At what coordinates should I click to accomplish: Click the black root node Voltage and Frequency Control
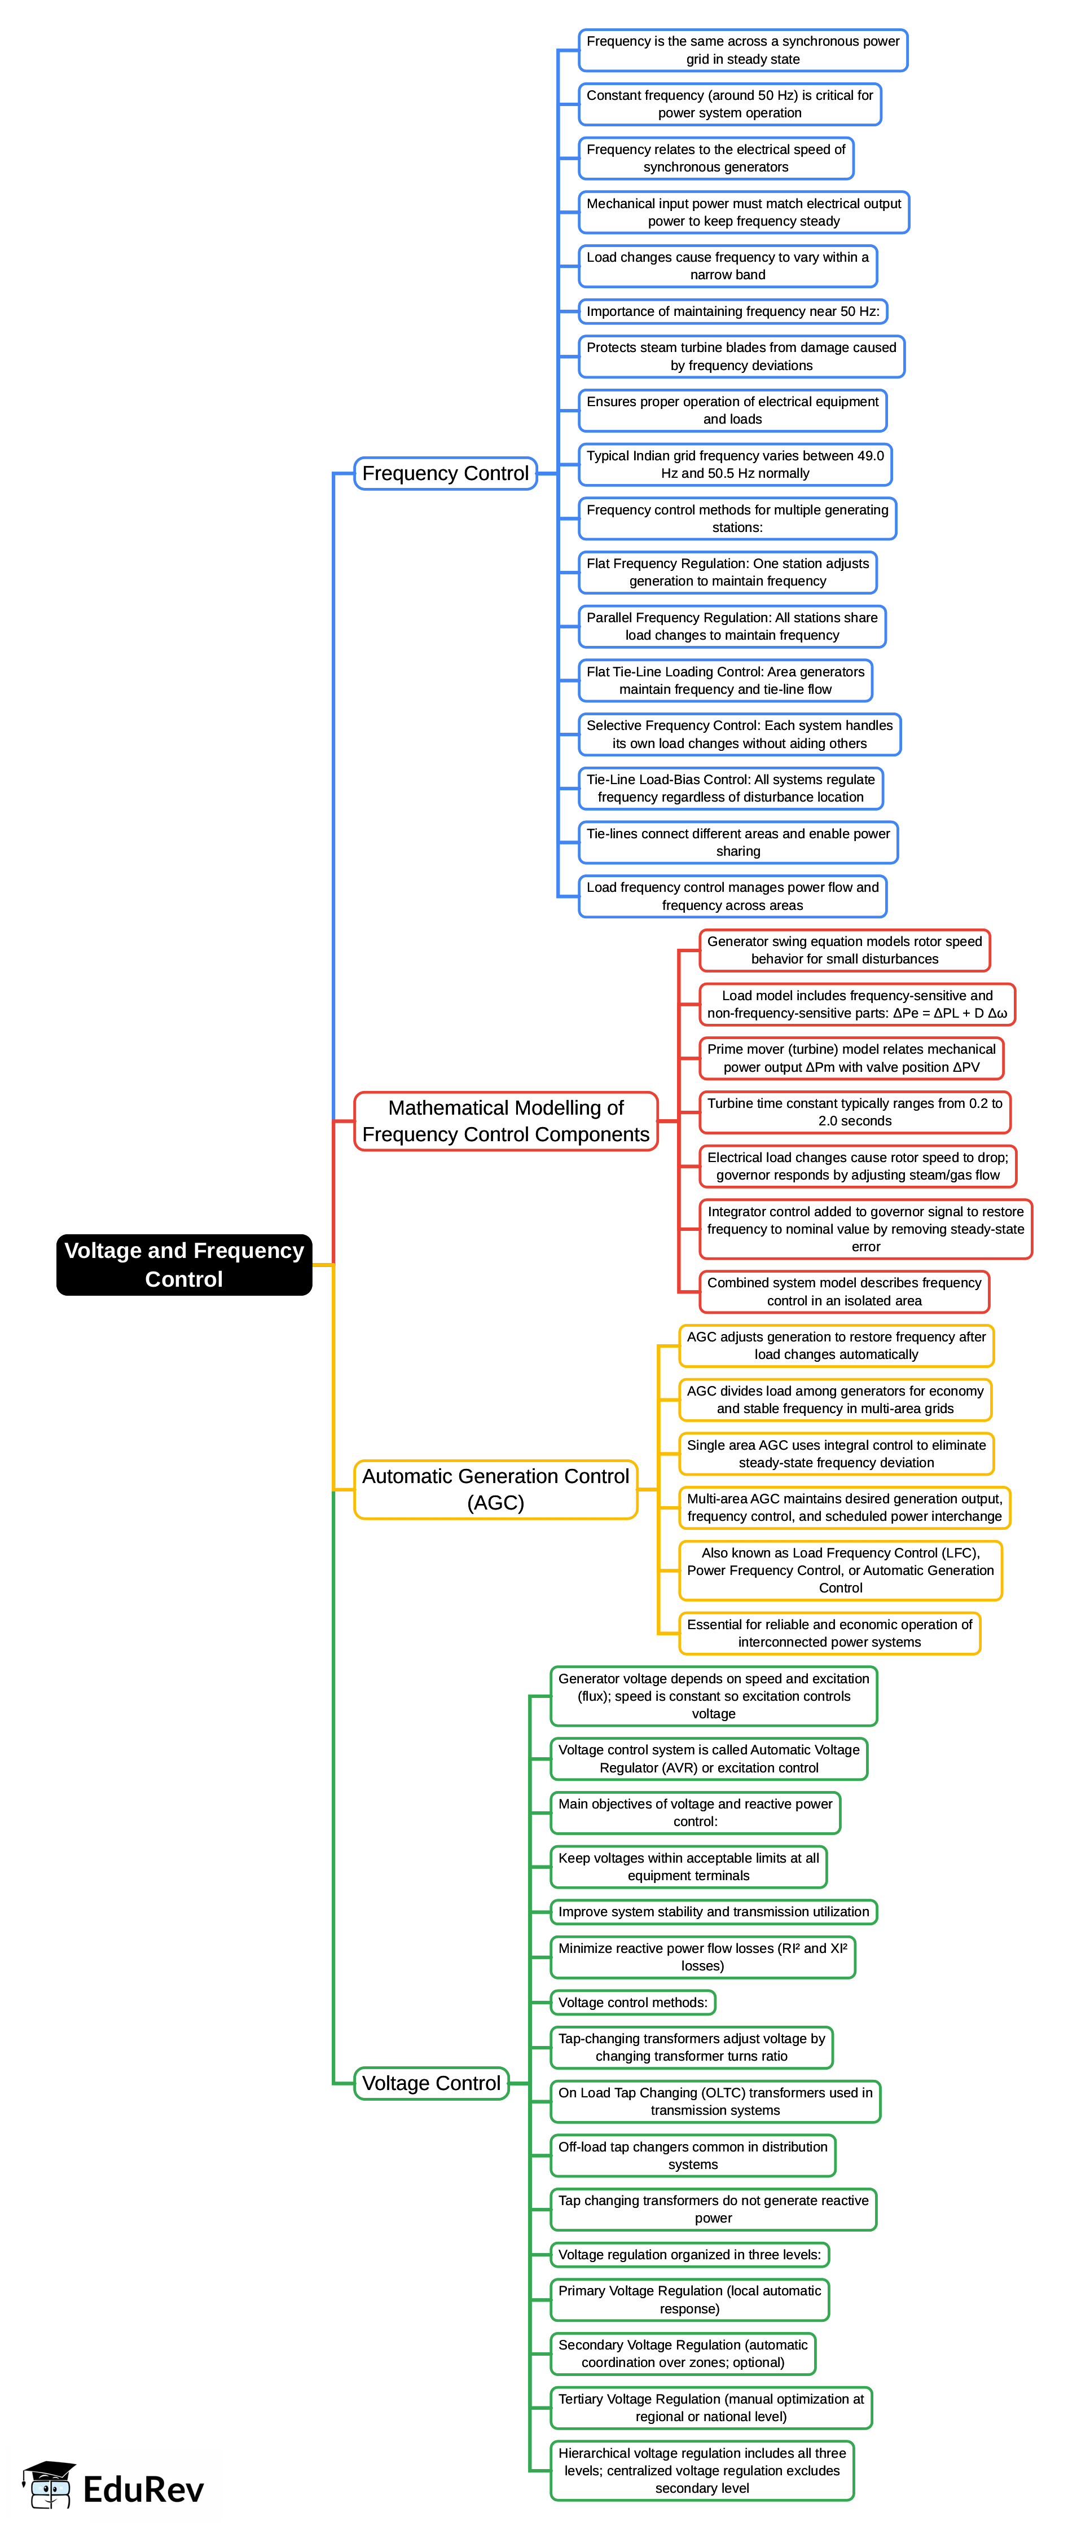[x=183, y=1264]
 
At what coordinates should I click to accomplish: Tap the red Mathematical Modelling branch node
[x=505, y=1121]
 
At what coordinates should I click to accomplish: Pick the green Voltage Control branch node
[x=431, y=2083]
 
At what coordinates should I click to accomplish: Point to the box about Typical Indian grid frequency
[x=735, y=465]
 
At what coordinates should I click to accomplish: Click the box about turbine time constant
[x=854, y=1112]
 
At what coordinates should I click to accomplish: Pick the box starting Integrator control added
[x=865, y=1229]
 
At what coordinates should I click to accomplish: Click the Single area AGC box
[x=836, y=1454]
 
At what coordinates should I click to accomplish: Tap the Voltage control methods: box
[x=632, y=2003]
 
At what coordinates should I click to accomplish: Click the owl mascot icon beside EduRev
[x=49, y=2486]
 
